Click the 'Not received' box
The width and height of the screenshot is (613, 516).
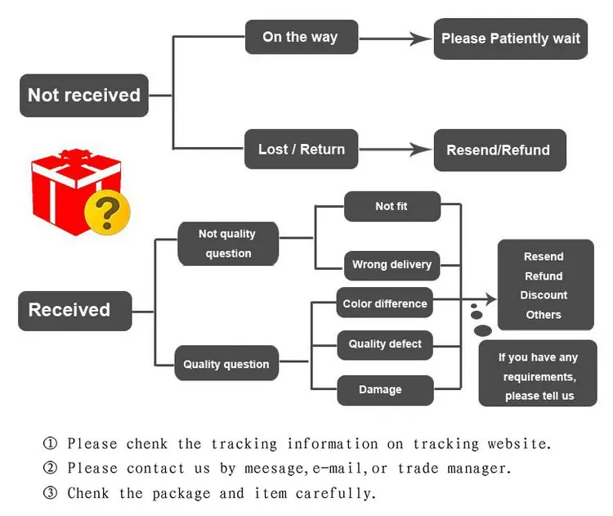click(x=84, y=95)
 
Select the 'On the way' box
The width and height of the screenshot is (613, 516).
click(x=301, y=38)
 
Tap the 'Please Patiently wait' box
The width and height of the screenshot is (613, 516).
click(x=510, y=38)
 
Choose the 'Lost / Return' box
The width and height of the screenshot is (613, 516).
click(x=301, y=149)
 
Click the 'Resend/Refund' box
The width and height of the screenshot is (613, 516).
click(x=499, y=150)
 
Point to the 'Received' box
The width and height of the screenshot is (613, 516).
click(x=74, y=311)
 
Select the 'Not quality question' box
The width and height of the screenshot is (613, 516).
click(x=227, y=244)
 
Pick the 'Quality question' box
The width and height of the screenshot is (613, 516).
click(x=226, y=364)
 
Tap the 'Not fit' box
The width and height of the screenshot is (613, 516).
click(x=392, y=207)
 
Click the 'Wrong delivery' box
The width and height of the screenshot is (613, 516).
click(x=392, y=265)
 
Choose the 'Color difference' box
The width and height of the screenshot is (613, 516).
click(x=385, y=303)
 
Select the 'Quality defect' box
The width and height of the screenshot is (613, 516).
click(x=385, y=344)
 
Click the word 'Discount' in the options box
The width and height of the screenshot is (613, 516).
click(x=544, y=295)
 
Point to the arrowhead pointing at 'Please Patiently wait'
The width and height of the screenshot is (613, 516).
click(x=422, y=38)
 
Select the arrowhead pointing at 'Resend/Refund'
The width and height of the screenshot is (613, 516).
click(x=422, y=150)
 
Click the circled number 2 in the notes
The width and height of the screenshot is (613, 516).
click(x=51, y=469)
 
